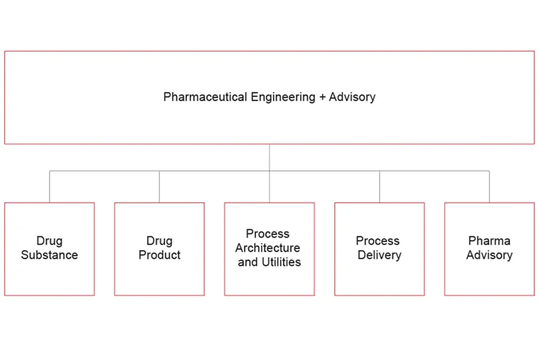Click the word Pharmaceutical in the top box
205,97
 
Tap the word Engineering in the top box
283,97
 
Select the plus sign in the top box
322,97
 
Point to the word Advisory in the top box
352,97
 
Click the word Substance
49,255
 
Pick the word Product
159,255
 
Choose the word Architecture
268,248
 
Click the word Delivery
380,255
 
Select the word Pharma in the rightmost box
489,241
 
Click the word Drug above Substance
49,241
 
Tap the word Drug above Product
159,241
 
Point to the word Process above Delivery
378,241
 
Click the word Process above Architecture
268,234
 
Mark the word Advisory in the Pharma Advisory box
489,255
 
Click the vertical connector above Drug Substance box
49,186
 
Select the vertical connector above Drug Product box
159,186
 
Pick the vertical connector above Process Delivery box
380,186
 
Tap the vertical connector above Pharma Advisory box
490,186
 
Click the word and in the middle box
247,262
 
